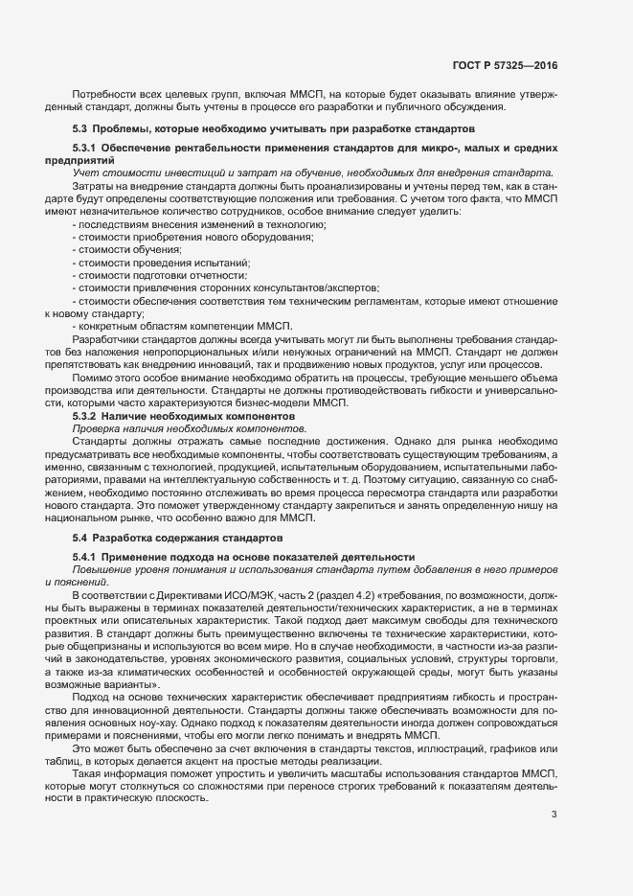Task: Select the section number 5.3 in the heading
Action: click(81, 128)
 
